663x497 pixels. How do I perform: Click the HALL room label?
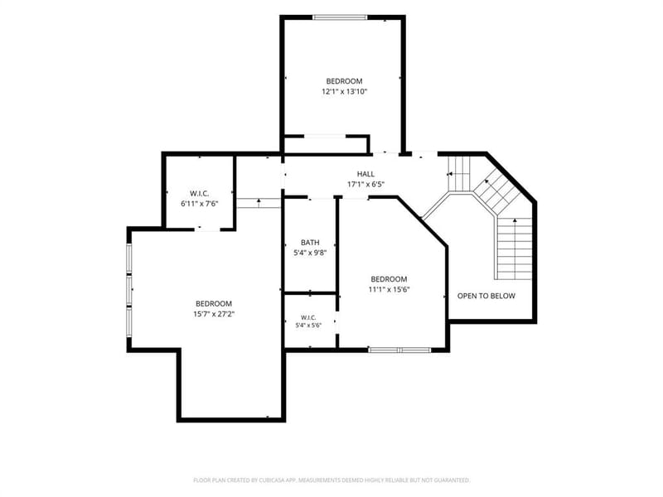[x=365, y=174]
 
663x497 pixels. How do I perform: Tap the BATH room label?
[x=310, y=243]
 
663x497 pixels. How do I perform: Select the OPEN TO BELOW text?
[x=486, y=296]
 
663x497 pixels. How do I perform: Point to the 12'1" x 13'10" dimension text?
[x=344, y=91]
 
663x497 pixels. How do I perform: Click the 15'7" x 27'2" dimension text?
[x=214, y=314]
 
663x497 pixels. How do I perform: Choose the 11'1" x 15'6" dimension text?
[x=389, y=289]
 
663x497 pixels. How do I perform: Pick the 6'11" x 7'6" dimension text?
[x=199, y=204]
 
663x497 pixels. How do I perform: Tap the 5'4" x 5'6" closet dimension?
[x=308, y=325]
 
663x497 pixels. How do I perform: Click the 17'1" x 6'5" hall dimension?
[x=365, y=184]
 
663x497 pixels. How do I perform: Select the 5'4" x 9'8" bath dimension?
[x=310, y=253]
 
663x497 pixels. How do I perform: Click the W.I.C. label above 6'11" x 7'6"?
[x=199, y=194]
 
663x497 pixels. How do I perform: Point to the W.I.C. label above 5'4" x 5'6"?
[x=308, y=317]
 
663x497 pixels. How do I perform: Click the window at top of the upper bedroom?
[x=340, y=17]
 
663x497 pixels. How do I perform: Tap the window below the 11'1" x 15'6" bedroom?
[x=399, y=350]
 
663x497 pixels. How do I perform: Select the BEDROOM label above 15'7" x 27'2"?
[x=214, y=303]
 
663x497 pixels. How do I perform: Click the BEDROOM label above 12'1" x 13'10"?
[x=344, y=81]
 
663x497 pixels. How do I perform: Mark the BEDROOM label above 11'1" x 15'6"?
[x=389, y=279]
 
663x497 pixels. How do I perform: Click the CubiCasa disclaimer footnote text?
[x=331, y=480]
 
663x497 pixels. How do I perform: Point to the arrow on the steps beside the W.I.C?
[x=259, y=203]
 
